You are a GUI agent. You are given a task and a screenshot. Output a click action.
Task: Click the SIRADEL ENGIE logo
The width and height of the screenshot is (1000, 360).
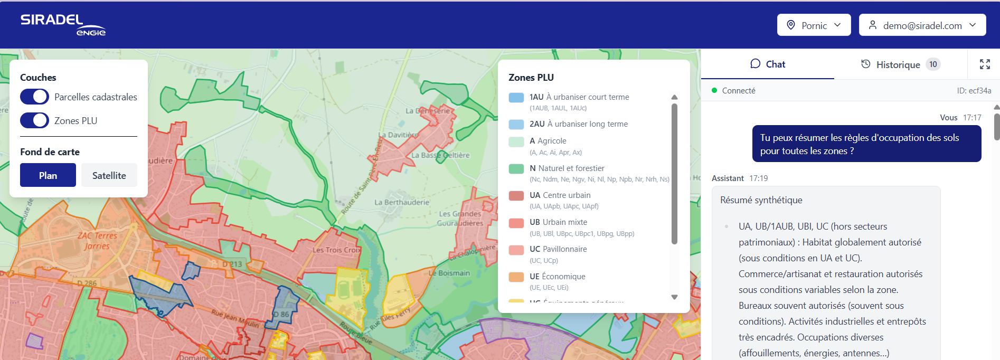point(63,25)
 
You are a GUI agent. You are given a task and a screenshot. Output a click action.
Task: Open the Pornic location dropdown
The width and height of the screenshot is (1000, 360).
point(814,25)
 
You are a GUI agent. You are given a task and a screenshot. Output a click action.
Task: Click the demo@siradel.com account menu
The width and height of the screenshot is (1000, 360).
point(922,25)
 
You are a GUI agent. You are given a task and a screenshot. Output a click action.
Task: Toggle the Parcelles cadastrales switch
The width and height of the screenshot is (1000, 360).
point(34,97)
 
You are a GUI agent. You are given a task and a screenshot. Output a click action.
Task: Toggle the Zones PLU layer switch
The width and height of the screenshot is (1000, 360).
point(34,120)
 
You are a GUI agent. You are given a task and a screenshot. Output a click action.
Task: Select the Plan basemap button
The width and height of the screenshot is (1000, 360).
point(48,175)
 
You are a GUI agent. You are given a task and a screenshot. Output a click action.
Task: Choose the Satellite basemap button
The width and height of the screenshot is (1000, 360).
point(109,175)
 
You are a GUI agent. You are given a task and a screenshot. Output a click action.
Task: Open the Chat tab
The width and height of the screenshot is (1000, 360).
point(768,64)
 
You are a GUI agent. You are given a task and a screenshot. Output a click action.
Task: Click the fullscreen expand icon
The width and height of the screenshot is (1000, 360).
point(985,64)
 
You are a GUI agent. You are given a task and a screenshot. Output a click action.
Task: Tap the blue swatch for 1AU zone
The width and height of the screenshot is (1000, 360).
point(516,98)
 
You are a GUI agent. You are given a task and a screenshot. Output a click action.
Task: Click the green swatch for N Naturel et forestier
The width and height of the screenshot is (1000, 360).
point(516,169)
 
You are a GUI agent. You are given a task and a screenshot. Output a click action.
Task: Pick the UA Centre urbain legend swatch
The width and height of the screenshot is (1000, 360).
point(516,196)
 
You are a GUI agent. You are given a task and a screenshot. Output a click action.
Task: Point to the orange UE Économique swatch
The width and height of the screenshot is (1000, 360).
point(516,277)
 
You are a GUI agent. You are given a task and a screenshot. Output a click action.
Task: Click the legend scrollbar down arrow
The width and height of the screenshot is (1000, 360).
point(674,297)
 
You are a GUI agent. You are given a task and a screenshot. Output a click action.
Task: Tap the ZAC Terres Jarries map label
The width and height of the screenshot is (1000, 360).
point(97,241)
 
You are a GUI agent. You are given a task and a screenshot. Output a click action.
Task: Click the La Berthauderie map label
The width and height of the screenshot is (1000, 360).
point(401,202)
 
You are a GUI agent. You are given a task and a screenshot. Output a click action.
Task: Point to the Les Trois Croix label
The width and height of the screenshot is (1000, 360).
point(336,250)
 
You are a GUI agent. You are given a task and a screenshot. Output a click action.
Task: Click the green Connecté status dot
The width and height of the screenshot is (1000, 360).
point(714,90)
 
